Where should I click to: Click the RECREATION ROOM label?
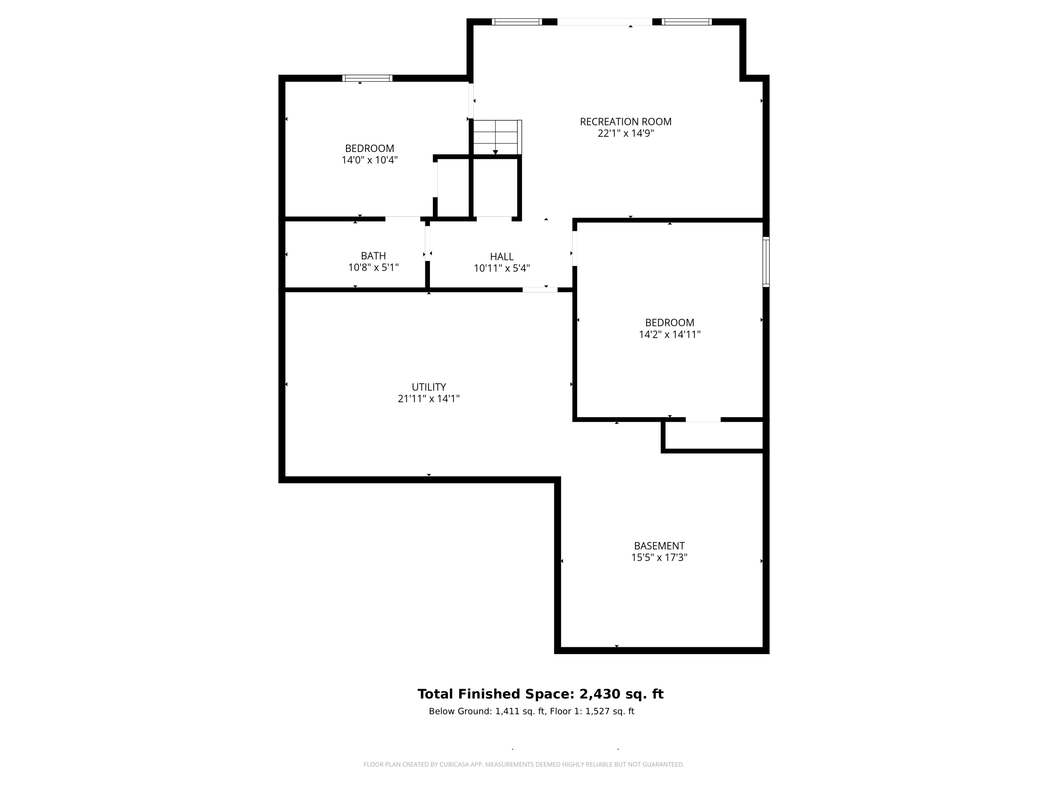[x=625, y=122]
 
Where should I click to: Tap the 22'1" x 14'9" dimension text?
[x=625, y=133]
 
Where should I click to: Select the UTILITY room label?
[x=428, y=387]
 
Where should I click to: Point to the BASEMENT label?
[x=659, y=546]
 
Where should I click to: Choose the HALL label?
[x=501, y=257]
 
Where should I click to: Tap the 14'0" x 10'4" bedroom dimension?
[x=369, y=160]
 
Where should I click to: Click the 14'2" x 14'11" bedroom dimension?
[x=669, y=335]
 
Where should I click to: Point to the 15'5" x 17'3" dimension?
[x=659, y=558]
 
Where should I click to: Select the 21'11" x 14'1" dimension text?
[x=428, y=399]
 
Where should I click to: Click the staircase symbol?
[x=496, y=137]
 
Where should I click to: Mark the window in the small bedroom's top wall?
[x=367, y=78]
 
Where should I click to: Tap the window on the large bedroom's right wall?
[x=766, y=262]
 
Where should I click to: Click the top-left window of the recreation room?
[x=516, y=22]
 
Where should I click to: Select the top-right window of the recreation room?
[x=686, y=22]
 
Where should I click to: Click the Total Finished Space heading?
[x=540, y=694]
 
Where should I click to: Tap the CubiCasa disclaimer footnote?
[x=524, y=764]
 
